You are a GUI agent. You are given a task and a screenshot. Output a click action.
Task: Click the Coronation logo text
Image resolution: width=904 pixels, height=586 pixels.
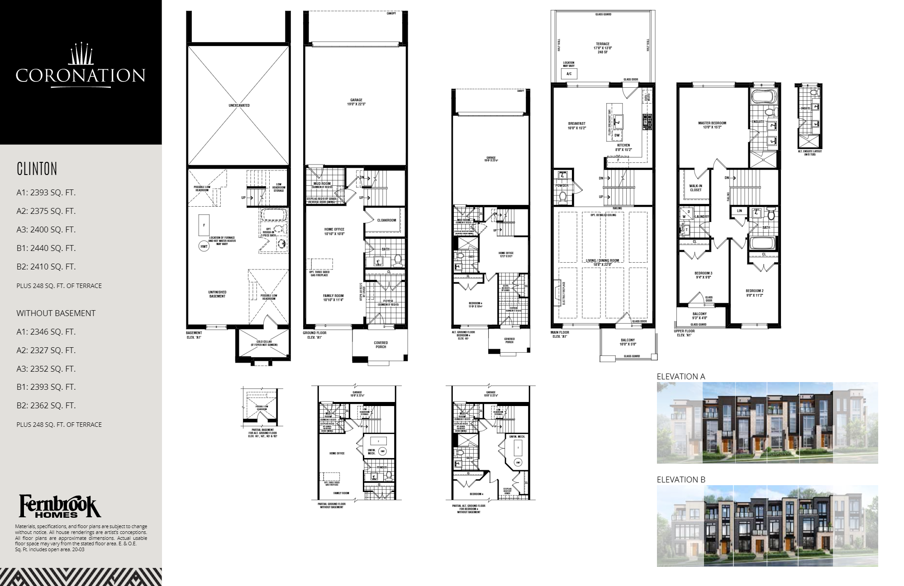point(80,75)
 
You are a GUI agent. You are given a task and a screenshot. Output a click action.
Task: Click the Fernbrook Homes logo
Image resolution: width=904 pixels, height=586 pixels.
point(60,506)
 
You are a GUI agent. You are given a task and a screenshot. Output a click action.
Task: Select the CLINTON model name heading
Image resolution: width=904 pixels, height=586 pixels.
point(37,169)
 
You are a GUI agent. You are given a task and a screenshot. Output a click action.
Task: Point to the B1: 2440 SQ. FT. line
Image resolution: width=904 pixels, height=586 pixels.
point(46,248)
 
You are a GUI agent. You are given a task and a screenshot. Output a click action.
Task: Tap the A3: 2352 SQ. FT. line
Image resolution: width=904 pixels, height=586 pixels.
point(46,369)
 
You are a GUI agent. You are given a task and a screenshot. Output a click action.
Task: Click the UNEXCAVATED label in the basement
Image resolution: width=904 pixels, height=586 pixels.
point(239,105)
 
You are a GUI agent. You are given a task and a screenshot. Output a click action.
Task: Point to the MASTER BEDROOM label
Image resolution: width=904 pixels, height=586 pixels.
point(712,125)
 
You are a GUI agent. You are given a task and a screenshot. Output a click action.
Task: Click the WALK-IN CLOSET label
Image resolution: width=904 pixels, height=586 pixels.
point(695,188)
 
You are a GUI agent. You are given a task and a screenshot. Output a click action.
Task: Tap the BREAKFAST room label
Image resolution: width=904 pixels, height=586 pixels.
point(577,125)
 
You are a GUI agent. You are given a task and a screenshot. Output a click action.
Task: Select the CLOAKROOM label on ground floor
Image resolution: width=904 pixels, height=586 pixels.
point(386,220)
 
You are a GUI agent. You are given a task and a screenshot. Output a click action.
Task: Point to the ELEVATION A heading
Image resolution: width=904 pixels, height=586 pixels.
point(680,376)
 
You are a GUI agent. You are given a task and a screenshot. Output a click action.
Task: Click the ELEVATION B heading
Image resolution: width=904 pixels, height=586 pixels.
point(680,479)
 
